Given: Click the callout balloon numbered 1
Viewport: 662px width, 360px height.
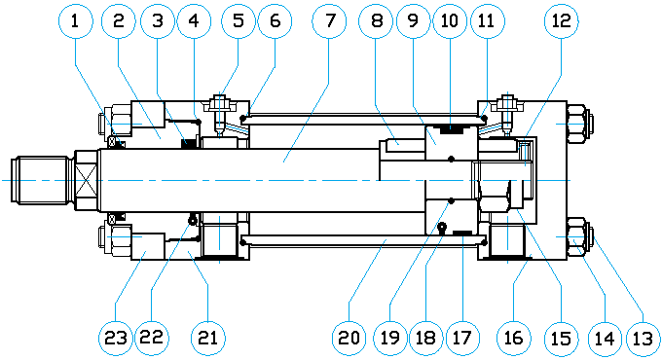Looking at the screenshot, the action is click(75, 20).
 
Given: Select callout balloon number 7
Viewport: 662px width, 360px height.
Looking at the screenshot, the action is click(329, 20).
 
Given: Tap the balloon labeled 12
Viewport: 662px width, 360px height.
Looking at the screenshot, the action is click(561, 20).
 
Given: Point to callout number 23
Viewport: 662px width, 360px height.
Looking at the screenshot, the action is click(116, 338).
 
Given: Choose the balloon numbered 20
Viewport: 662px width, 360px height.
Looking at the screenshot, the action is click(349, 338).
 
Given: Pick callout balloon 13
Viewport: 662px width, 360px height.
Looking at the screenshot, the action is click(643, 338).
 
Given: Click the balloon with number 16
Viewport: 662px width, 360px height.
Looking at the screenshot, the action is click(513, 338).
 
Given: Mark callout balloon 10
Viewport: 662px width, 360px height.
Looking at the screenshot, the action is click(449, 20).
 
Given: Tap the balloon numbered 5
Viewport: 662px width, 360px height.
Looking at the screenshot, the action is click(239, 20).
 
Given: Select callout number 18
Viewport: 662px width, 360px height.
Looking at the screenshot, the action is click(425, 338).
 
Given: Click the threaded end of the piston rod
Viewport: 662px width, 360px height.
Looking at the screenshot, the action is click(42, 180).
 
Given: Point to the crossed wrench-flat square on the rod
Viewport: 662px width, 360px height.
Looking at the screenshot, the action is click(87, 180).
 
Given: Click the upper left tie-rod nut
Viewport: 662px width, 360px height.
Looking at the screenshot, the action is click(115, 124).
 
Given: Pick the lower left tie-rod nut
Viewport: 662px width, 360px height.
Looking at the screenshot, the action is click(115, 237).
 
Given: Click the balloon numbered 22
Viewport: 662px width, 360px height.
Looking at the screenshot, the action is click(152, 338).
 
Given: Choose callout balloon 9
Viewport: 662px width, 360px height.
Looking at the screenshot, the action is click(413, 20).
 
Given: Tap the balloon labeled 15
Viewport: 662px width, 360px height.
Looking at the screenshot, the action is click(562, 338).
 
